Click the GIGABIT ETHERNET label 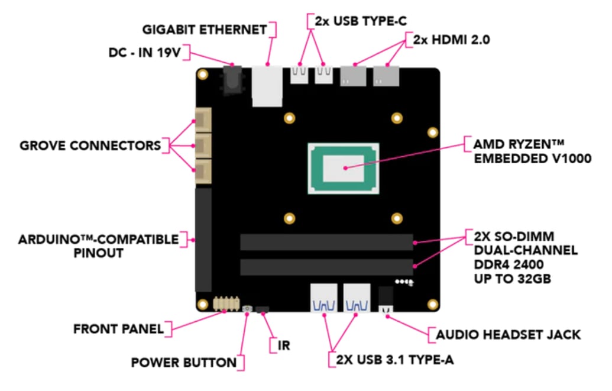tap(205, 30)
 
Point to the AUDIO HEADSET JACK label tap(508, 335)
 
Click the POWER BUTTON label tap(183, 362)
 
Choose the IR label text tap(283, 345)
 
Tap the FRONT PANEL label tap(118, 329)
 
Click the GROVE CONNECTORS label tap(90, 145)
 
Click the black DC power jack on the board tap(232, 79)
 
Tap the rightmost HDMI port tap(386, 75)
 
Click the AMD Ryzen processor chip tap(343, 168)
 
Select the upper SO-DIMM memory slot tap(326, 243)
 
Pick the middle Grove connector tap(203, 144)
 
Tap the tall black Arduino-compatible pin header tap(203, 240)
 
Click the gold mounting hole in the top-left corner tap(203, 75)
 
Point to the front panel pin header tap(226, 304)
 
